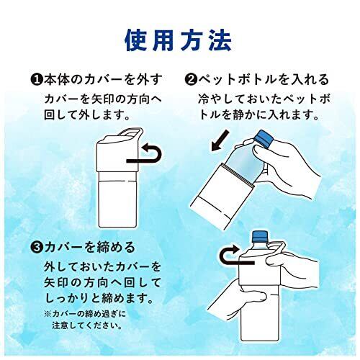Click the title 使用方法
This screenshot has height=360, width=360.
click(x=179, y=40)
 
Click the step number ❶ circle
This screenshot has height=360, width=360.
click(x=37, y=80)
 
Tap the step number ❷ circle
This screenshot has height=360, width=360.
click(x=192, y=80)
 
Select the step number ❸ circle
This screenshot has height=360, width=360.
click(x=37, y=248)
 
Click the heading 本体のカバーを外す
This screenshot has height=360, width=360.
click(x=104, y=80)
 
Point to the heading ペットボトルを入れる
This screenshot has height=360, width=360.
click(x=264, y=80)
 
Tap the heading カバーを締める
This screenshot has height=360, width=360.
click(x=90, y=248)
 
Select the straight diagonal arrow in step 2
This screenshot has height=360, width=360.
click(x=220, y=140)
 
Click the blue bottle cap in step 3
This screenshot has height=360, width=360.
click(x=260, y=236)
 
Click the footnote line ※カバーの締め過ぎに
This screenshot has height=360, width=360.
click(x=85, y=314)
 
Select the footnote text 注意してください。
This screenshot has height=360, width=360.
click(x=86, y=325)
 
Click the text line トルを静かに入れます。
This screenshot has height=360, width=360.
click(x=258, y=115)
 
